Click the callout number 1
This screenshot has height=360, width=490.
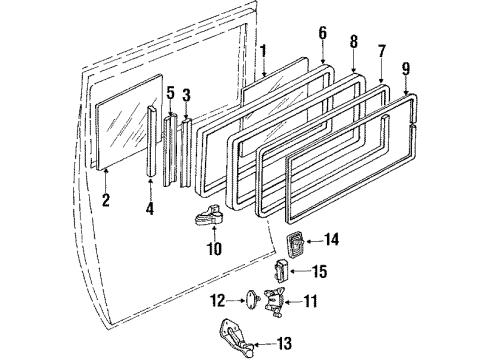262,50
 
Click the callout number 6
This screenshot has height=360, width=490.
322,33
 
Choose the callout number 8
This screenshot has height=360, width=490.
352,42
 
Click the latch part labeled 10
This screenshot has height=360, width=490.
213,216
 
